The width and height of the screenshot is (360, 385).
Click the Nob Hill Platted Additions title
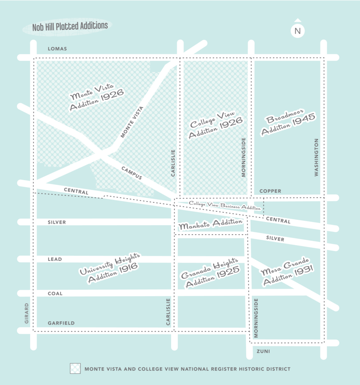(x=70, y=26)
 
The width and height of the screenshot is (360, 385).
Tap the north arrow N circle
(x=298, y=31)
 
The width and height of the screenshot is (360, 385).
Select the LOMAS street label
(x=57, y=49)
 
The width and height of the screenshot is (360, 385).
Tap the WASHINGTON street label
(x=316, y=157)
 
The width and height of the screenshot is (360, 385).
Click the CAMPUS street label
(x=132, y=173)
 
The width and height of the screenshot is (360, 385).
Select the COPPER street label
(x=270, y=191)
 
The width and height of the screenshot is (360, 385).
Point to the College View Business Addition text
(x=225, y=205)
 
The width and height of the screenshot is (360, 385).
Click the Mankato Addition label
(x=210, y=224)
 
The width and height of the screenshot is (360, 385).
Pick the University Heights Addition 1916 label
(x=109, y=268)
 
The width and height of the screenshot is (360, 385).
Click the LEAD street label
(x=55, y=259)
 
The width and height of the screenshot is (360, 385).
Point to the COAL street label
(x=55, y=293)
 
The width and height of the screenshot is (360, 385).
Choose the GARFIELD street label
(x=61, y=323)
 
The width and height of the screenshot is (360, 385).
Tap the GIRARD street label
(x=27, y=313)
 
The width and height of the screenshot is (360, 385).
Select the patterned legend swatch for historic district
(x=75, y=369)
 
